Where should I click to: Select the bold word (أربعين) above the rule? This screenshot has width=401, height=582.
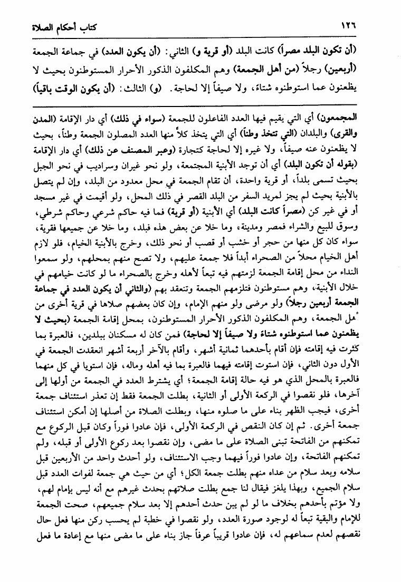(370, 69)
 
